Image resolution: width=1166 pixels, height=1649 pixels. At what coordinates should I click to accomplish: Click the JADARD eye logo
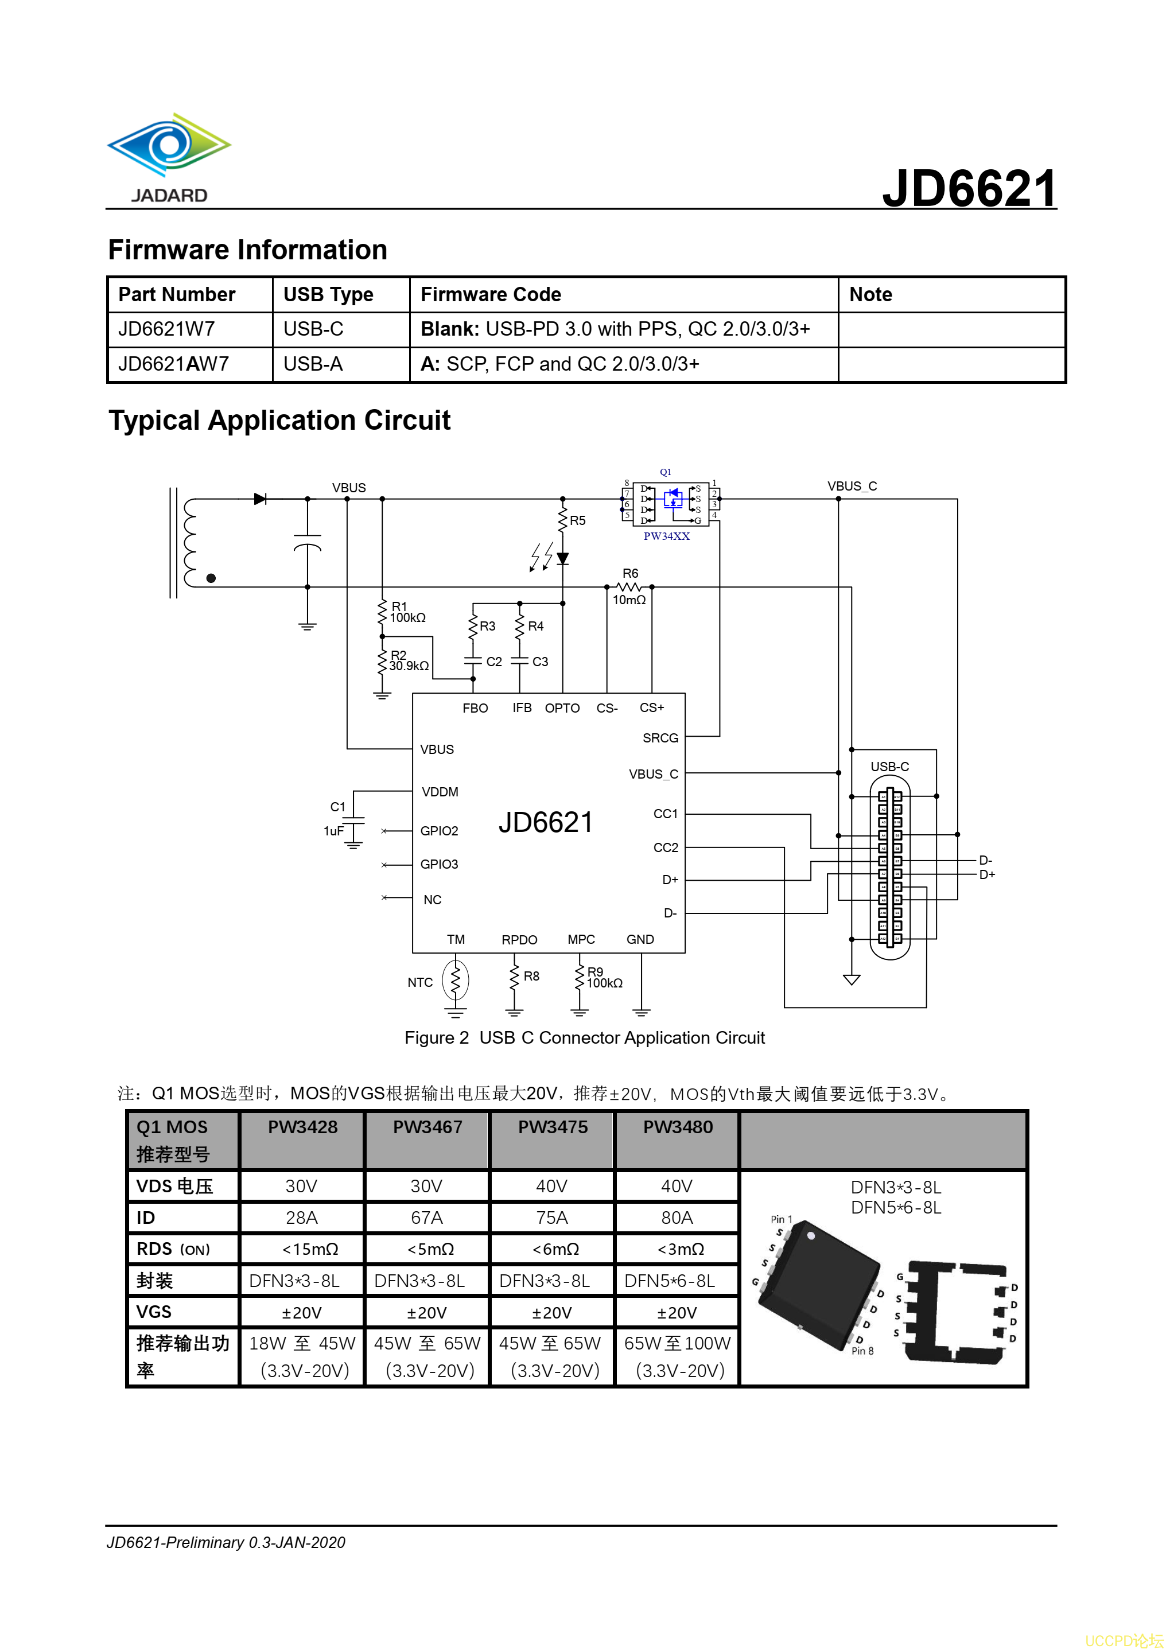(x=169, y=146)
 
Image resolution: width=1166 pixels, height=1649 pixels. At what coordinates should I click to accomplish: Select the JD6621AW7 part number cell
(x=174, y=364)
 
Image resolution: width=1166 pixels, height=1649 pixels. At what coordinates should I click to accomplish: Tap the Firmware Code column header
(x=491, y=294)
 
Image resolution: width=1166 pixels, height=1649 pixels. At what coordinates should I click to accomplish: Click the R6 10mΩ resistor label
(x=629, y=587)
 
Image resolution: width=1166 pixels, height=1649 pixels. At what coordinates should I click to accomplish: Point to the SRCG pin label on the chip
(x=660, y=738)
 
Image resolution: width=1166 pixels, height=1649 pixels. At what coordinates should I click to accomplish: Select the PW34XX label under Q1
(x=666, y=536)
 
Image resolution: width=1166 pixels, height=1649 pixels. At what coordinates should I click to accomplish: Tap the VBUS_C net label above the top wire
(x=852, y=486)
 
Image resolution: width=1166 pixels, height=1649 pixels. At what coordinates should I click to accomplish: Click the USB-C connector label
(x=889, y=767)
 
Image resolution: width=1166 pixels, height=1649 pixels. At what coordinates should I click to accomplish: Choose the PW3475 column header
(x=553, y=1127)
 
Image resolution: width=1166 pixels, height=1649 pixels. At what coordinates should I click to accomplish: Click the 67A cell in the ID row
(x=427, y=1218)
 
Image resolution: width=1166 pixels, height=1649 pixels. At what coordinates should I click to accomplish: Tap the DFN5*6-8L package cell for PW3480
(x=670, y=1281)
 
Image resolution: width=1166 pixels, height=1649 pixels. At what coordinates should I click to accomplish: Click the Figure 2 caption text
(x=584, y=1038)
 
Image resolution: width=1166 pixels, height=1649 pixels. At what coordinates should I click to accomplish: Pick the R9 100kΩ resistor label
(x=604, y=978)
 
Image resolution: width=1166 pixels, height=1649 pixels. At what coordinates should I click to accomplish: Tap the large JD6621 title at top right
(x=969, y=188)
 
